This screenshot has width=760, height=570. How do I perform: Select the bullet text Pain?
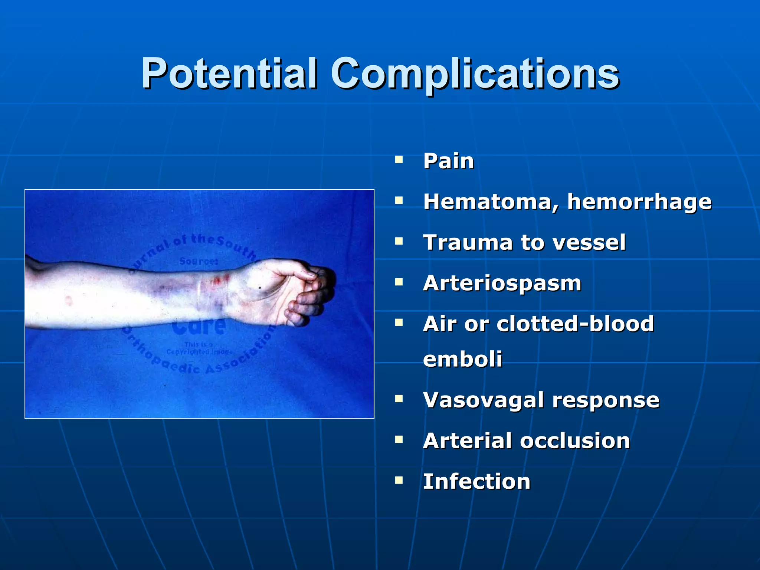pyautogui.click(x=448, y=161)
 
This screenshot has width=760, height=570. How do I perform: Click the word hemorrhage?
pyautogui.click(x=639, y=202)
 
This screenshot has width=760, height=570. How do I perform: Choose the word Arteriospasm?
pyautogui.click(x=502, y=284)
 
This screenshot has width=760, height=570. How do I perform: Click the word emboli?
pyautogui.click(x=462, y=359)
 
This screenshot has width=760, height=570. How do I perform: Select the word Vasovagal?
pyautogui.click(x=484, y=400)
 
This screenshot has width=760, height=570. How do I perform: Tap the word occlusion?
pyautogui.click(x=575, y=441)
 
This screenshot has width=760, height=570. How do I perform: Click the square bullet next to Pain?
pyautogui.click(x=399, y=160)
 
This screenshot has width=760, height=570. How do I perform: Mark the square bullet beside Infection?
pyautogui.click(x=399, y=481)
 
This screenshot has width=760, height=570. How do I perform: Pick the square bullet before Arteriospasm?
pyautogui.click(x=399, y=282)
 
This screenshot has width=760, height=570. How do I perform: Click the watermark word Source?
pyautogui.click(x=199, y=261)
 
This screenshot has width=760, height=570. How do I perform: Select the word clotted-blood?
pyautogui.click(x=575, y=324)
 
